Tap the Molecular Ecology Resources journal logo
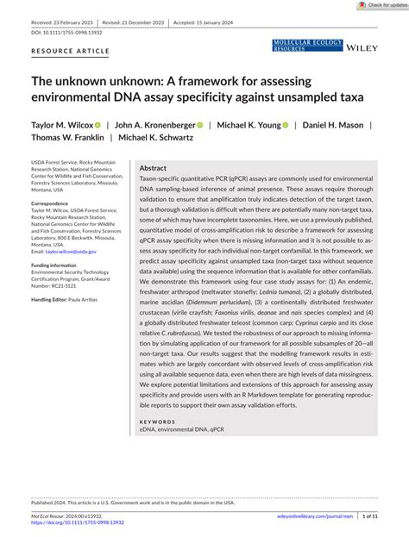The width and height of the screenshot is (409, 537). click(307, 46)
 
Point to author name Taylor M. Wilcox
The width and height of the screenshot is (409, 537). click(62, 124)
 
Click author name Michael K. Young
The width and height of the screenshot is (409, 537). click(245, 124)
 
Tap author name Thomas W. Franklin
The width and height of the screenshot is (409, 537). click(67, 137)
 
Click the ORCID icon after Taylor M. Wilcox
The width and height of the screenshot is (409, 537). click(98, 125)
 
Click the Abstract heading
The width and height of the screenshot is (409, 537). click(153, 168)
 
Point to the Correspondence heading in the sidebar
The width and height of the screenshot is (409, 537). click(50, 203)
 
